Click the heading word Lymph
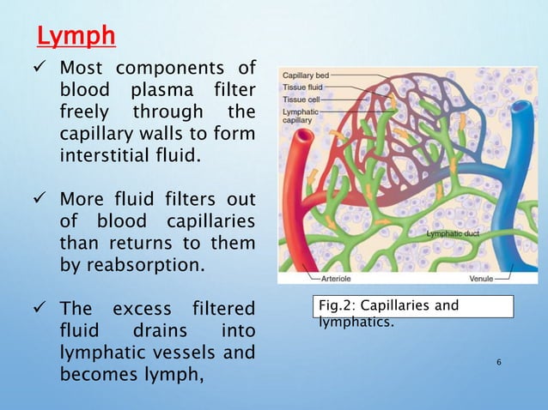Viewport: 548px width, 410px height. [x=76, y=39]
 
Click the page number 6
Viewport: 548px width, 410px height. [x=499, y=364]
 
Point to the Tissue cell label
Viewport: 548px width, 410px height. [x=300, y=99]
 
